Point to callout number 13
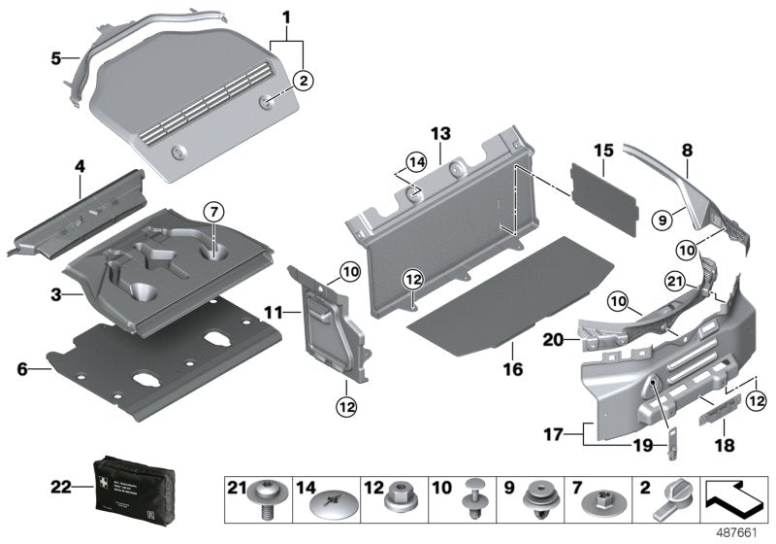[440, 133]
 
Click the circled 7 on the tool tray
[213, 211]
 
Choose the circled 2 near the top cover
[304, 82]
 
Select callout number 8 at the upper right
[687, 152]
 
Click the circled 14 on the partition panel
[415, 161]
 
